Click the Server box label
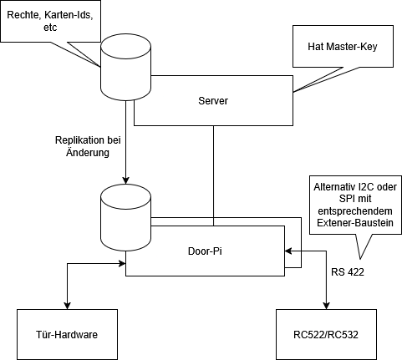213,101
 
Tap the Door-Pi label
205,251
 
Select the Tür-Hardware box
67,334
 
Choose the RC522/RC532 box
326,334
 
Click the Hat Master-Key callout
343,46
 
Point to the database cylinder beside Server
125,67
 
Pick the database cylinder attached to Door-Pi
125,217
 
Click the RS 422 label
348,272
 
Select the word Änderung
88,152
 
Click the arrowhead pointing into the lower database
126,180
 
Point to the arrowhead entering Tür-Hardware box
68,306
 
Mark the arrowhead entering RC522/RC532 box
326,306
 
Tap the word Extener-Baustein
355,223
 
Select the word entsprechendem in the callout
355,211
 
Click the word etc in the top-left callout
50,28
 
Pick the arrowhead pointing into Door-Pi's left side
122,263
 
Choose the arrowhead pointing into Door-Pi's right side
288,251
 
